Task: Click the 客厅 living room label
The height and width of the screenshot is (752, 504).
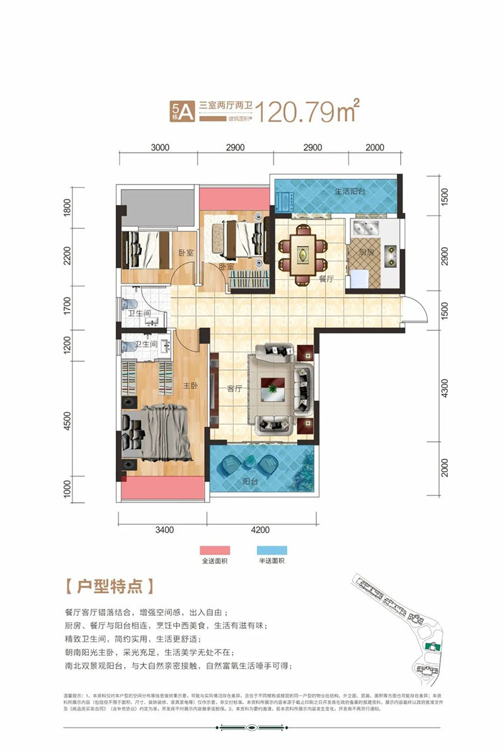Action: pos(234,389)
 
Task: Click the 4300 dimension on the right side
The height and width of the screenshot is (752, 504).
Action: pos(445,388)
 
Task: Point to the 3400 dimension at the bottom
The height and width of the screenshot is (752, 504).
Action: pos(164,529)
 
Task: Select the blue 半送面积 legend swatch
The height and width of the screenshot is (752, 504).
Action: pos(272,550)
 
